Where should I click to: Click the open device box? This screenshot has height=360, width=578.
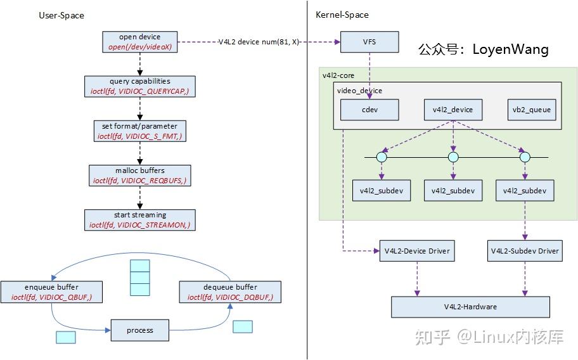140,42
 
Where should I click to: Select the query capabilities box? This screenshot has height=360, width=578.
140,86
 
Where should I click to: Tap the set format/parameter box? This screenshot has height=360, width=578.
140,131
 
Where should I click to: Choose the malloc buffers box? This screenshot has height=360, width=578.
140,176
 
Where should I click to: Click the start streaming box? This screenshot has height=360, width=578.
140,219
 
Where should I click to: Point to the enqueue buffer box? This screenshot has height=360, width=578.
49,292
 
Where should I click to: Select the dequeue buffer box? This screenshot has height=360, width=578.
230,292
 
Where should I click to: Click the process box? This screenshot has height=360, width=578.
140,330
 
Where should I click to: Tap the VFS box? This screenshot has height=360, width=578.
369,42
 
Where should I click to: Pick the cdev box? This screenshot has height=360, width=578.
369,110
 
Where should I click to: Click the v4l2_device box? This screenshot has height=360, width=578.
453,110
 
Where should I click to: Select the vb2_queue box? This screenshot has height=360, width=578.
532,110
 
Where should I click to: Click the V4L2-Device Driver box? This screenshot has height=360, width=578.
416,251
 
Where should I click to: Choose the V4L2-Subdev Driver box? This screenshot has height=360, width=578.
524,251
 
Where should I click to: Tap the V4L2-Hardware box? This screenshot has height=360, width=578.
470,307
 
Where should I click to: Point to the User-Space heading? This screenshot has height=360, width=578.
61,15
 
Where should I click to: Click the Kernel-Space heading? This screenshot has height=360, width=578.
342,15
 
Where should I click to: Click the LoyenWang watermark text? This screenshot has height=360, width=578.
483,49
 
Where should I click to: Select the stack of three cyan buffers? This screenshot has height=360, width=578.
139,278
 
